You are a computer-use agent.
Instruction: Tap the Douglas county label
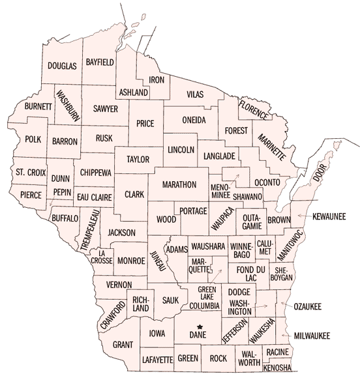[63, 66]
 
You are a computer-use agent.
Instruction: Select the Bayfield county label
[100, 61]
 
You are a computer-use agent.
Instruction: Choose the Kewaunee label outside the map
[328, 216]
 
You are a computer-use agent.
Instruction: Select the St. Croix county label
[29, 172]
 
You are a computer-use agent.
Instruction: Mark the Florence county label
[254, 109]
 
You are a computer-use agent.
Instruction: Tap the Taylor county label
[138, 159]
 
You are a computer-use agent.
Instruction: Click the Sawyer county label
[105, 109]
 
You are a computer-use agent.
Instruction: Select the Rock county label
[218, 358]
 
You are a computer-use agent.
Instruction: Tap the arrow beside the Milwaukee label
[286, 335]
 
